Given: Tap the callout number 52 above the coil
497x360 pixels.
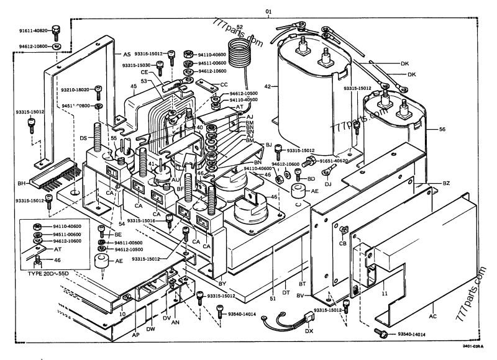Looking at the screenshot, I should tap(240, 27).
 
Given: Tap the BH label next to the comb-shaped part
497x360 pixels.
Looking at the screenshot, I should tap(22, 184).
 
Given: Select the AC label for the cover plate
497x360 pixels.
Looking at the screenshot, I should tap(432, 317).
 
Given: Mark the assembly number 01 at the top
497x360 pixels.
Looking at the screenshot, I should tap(268, 12).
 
